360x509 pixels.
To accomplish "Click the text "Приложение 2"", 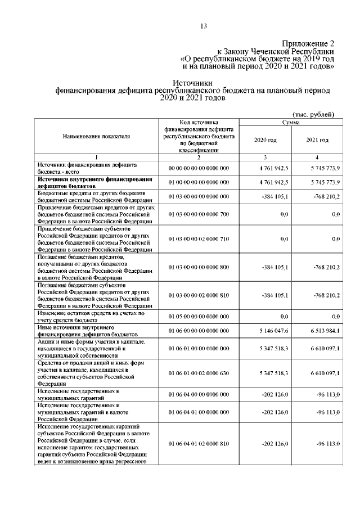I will coord(309,43).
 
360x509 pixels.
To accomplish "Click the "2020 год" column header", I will coord(265,139).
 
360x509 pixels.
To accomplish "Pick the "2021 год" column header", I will coord(317,139).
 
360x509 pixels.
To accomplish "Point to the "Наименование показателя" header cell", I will coord(96,136).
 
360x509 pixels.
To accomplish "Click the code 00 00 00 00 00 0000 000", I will coord(199,168).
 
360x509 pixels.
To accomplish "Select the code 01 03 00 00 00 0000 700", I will coord(199,214).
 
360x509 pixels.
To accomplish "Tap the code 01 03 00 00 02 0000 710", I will coord(199,240).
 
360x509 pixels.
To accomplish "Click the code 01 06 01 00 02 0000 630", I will coord(199,372).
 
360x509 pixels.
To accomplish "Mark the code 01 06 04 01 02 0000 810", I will coord(199,444).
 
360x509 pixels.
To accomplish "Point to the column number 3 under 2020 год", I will coord(265,157).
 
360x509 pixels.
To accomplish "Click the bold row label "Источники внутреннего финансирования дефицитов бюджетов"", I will coord(92,182).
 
